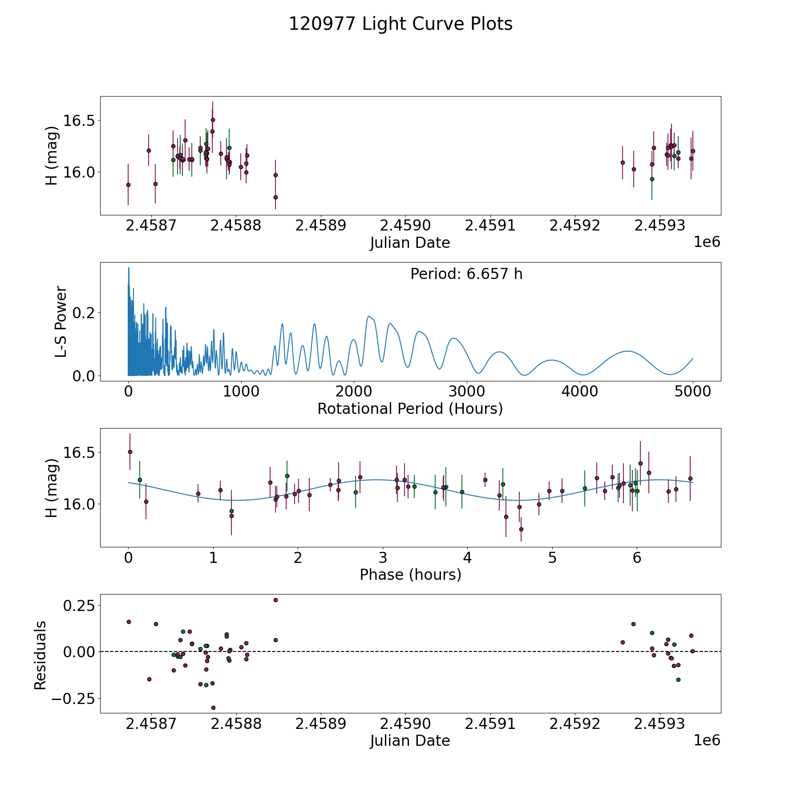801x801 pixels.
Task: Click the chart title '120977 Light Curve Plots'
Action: point(400,24)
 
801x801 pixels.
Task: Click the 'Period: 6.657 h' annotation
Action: point(466,274)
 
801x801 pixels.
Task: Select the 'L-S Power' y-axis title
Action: point(61,322)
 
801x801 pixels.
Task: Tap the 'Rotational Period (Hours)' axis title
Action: point(410,409)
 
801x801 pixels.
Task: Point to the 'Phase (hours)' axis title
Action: point(410,574)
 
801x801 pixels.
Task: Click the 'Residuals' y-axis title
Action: point(40,655)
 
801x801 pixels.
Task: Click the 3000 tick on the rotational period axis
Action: point(466,392)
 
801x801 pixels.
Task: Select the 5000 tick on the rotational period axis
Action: point(692,392)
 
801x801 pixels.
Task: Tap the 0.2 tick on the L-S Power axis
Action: point(84,313)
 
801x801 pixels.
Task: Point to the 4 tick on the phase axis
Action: point(467,558)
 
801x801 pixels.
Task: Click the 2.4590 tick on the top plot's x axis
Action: point(405,226)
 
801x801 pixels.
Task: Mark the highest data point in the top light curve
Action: point(213,120)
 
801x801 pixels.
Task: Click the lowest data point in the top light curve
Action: point(275,197)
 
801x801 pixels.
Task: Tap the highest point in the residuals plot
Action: point(275,600)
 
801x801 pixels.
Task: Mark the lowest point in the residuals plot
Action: point(213,708)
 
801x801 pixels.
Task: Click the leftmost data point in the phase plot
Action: point(130,452)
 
